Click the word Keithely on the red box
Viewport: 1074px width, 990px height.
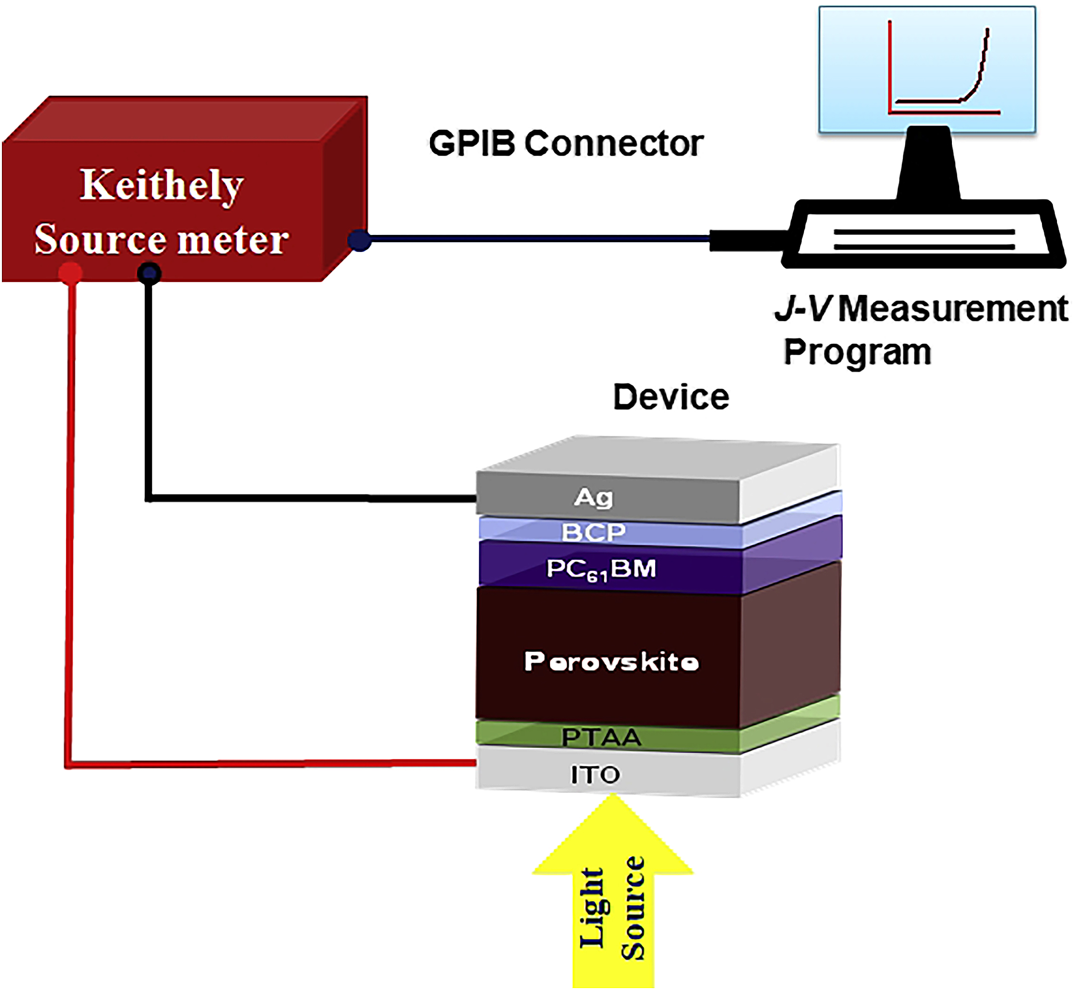click(162, 185)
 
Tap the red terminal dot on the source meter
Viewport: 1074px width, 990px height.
click(70, 273)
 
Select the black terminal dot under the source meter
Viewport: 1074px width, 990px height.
click(149, 274)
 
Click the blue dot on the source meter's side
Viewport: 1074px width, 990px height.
click(359, 240)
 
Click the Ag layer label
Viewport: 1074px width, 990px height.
click(593, 497)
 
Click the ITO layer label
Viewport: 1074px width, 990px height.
click(595, 774)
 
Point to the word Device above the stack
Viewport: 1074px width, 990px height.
click(671, 397)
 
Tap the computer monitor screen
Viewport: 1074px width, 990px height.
click(927, 70)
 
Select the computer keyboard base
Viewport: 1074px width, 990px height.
click(924, 236)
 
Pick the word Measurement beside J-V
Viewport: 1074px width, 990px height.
click(953, 309)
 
